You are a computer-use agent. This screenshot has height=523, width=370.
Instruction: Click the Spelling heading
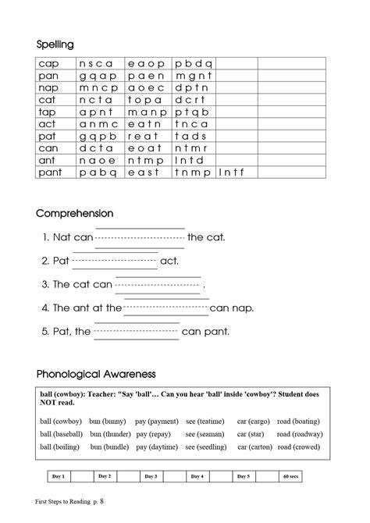55,44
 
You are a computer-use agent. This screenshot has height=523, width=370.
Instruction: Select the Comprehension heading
75,213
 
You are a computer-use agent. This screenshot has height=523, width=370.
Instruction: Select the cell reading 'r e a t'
146,136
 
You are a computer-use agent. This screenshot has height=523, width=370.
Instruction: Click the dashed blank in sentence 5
137,332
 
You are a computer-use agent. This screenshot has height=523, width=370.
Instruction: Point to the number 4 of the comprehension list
45,308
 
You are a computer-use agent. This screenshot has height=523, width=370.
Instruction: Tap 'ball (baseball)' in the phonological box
62,434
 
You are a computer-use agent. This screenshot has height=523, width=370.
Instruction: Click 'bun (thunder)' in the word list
110,434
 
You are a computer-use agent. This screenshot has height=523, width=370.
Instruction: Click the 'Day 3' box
150,476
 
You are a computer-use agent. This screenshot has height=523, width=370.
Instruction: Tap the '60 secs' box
290,476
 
